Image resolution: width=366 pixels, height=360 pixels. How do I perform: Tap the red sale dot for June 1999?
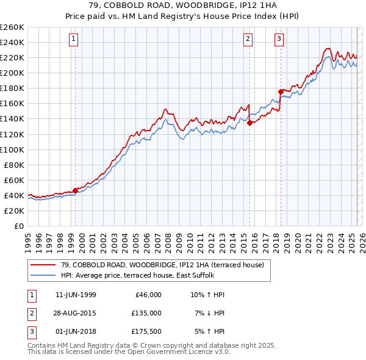coord(76,190)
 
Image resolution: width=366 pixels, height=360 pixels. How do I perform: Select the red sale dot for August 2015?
coord(250,122)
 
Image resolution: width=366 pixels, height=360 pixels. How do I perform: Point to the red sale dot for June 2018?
coord(281,92)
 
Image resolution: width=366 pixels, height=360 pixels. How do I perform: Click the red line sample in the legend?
coord(43,265)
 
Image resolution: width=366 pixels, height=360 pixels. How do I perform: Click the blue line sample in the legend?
coord(43,275)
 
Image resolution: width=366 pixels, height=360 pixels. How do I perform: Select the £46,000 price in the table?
coord(147,295)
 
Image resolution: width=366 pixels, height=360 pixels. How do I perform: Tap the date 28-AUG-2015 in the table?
coord(76,313)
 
